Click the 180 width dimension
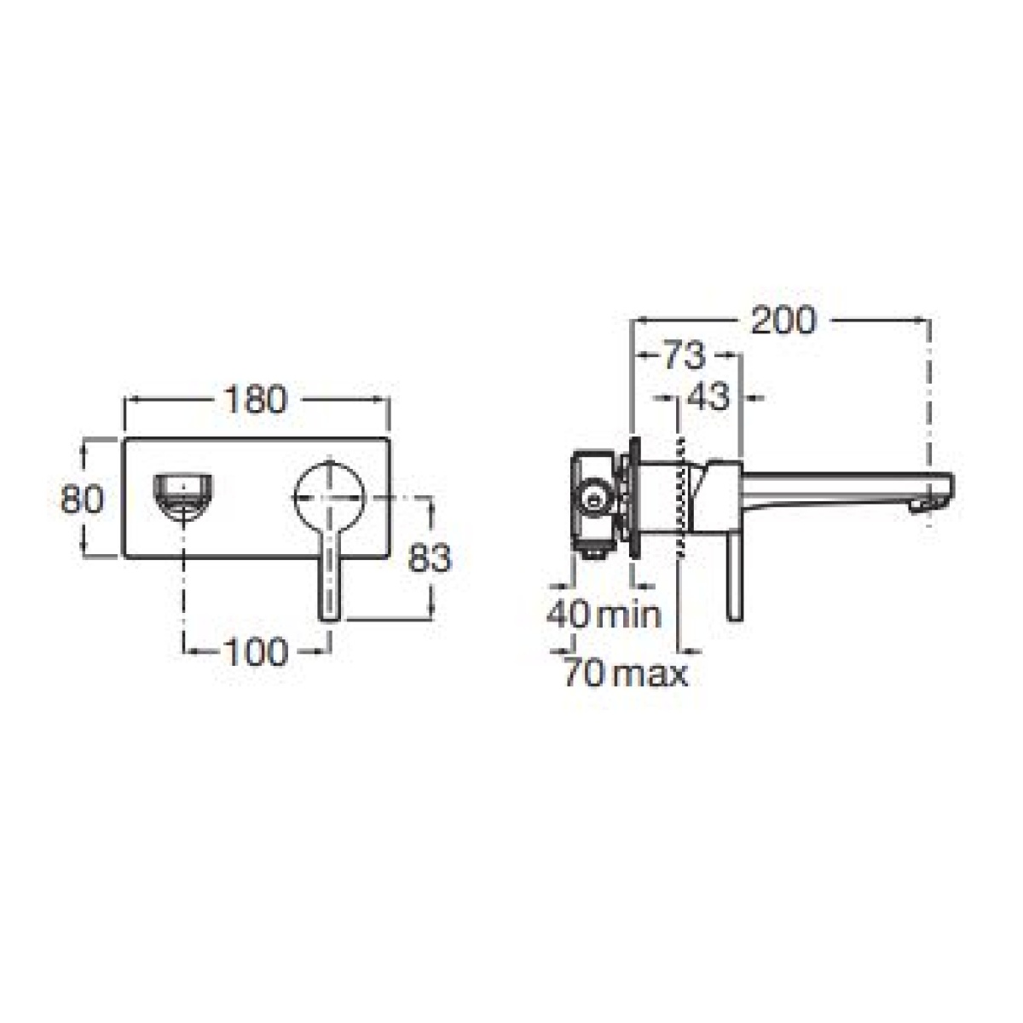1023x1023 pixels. (x=255, y=400)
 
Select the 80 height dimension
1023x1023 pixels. (x=82, y=499)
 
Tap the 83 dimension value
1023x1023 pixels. (x=430, y=558)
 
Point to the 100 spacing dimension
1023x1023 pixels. (x=257, y=652)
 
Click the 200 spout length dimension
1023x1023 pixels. (x=783, y=321)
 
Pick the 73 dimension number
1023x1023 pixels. (x=685, y=356)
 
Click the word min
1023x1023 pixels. (x=629, y=615)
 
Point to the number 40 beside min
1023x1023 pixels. (x=568, y=615)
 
